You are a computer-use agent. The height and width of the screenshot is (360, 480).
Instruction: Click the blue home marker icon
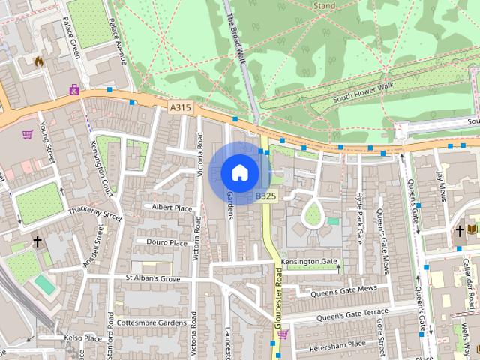point(239,172)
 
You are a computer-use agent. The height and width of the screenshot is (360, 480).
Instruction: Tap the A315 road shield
point(180,108)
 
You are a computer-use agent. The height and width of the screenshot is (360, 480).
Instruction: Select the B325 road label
point(265,196)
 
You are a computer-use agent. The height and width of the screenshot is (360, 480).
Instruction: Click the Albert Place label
point(172,207)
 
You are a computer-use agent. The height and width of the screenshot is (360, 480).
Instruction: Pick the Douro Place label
point(166,242)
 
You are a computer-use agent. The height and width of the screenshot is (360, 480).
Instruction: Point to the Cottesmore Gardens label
point(151,322)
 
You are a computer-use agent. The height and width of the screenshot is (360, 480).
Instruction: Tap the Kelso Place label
point(82,338)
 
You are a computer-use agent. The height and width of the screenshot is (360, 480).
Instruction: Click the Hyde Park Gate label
point(359,217)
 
